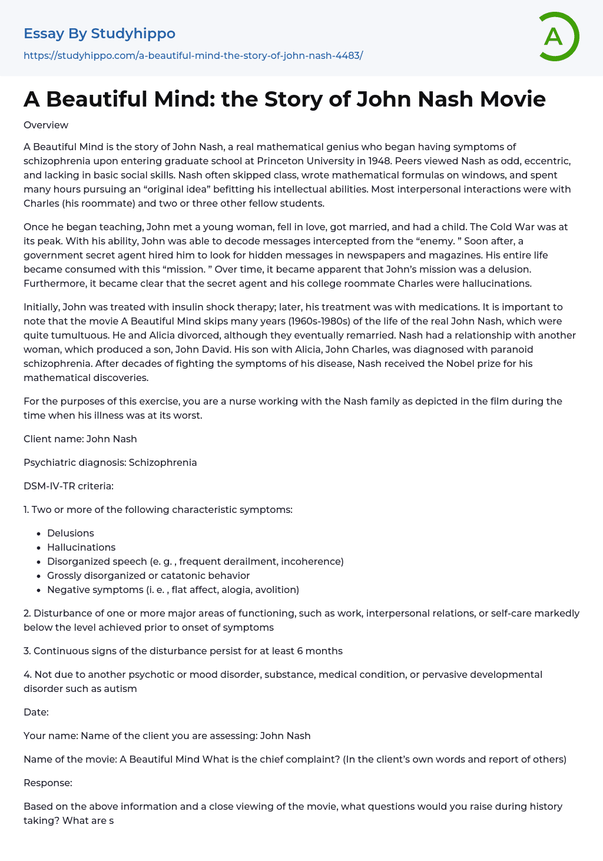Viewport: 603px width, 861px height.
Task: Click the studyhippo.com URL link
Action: [193, 55]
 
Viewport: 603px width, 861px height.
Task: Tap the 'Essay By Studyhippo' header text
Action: [100, 34]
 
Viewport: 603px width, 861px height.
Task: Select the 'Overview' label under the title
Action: [46, 125]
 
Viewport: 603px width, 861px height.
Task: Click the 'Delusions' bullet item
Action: [71, 533]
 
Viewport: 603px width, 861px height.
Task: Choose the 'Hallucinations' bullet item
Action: [81, 547]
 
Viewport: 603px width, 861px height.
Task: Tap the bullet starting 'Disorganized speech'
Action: [195, 561]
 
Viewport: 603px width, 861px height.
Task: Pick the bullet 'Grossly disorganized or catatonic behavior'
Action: [148, 575]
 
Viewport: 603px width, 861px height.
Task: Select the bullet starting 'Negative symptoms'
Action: [173, 590]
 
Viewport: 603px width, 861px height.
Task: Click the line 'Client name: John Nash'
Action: [80, 439]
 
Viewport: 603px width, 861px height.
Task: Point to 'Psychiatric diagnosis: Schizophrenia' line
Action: [110, 462]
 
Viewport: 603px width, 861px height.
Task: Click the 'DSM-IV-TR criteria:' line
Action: [68, 486]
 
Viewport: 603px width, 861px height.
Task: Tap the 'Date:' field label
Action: [36, 712]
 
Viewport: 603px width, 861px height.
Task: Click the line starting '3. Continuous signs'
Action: [183, 651]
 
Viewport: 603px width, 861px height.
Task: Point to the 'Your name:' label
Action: [51, 736]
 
